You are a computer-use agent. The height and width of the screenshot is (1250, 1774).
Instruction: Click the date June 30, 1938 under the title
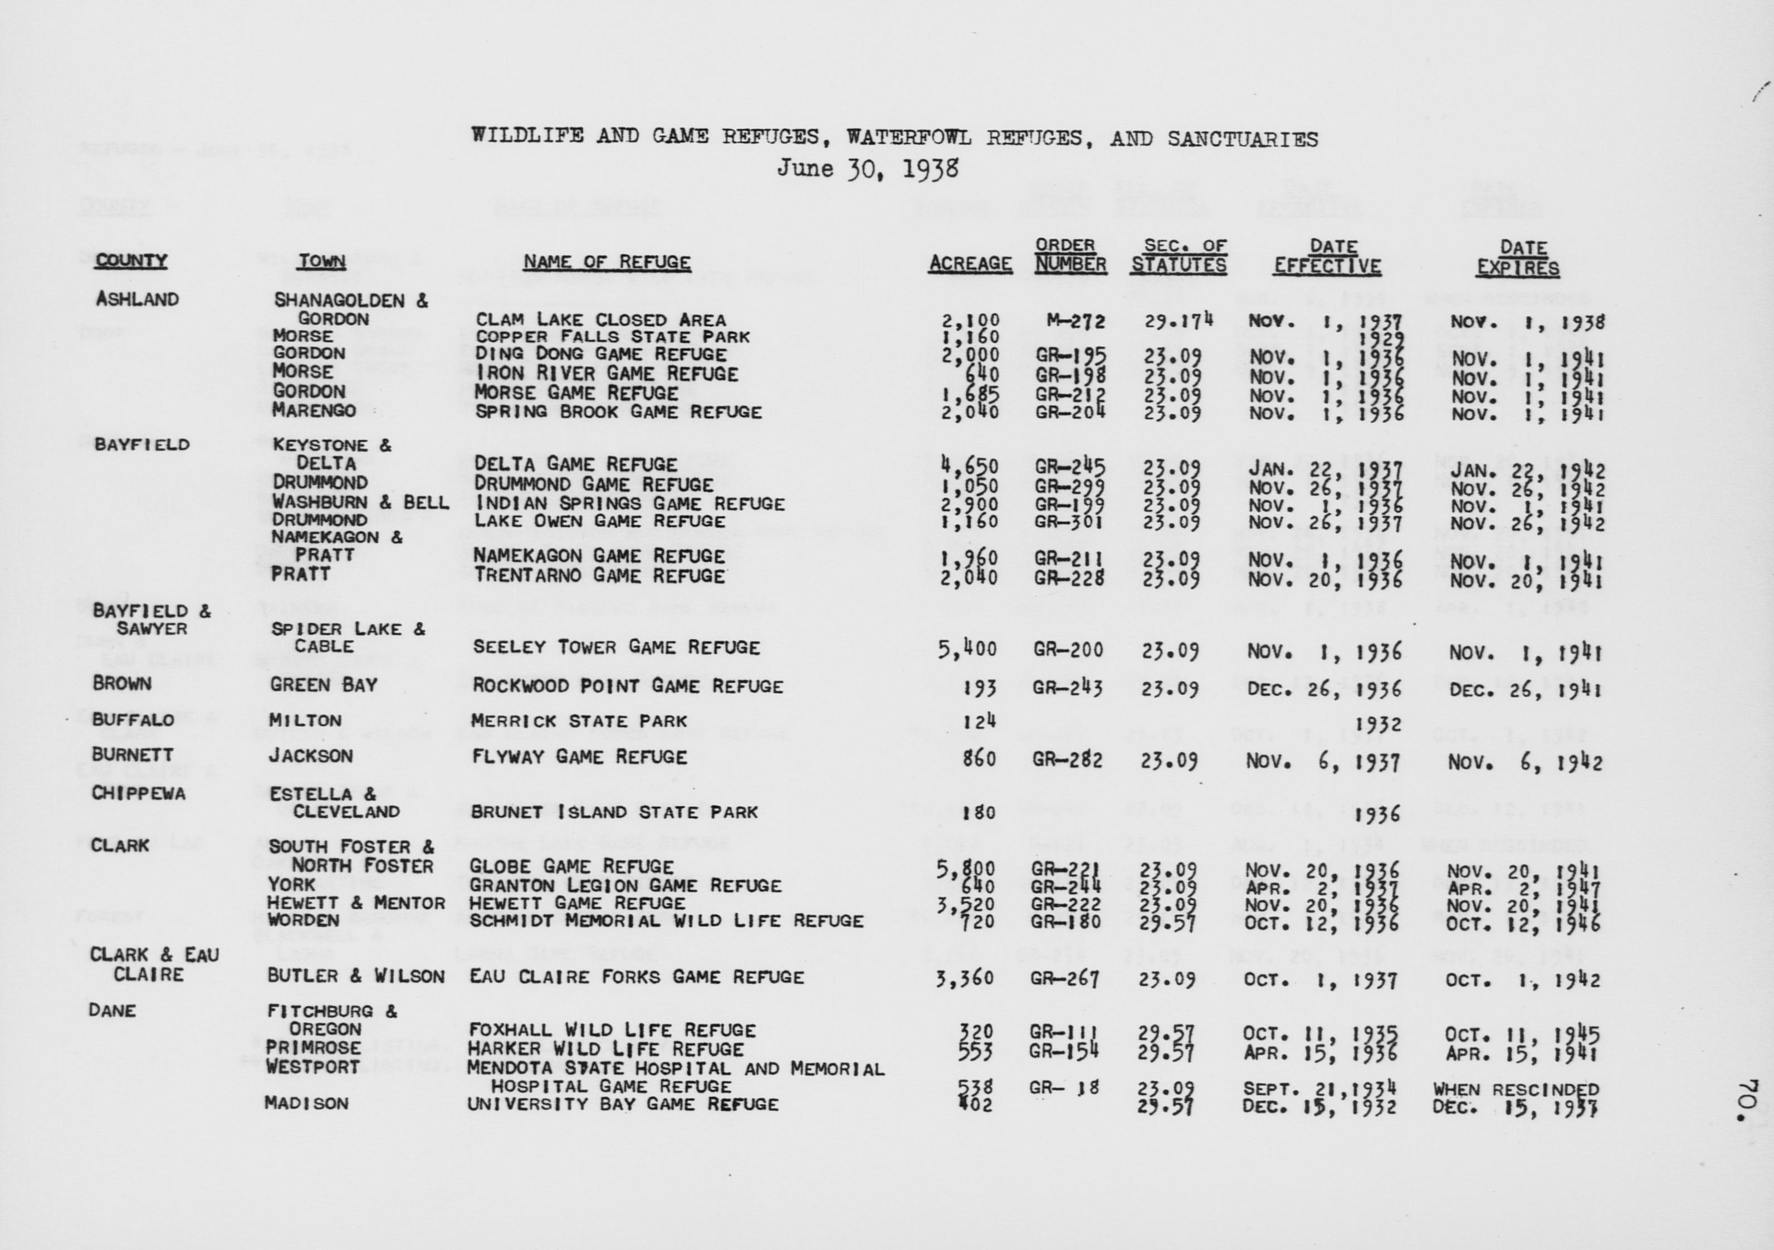coord(867,168)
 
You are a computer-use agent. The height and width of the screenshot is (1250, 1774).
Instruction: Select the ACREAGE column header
coord(970,263)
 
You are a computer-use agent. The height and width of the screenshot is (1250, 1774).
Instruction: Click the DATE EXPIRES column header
coord(1518,258)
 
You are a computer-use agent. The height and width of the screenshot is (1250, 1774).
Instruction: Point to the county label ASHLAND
coord(137,299)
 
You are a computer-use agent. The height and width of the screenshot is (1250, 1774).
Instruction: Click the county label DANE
coord(112,1011)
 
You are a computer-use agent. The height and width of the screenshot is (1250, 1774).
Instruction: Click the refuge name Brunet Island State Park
coord(614,812)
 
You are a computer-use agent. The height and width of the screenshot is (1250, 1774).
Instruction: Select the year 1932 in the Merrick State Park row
coord(1379,724)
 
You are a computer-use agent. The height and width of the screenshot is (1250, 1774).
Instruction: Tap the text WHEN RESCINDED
coord(1515,1089)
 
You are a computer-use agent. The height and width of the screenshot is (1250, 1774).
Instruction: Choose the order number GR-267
coord(1066,979)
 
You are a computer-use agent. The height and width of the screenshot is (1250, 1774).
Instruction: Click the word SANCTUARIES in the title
coord(1243,139)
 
